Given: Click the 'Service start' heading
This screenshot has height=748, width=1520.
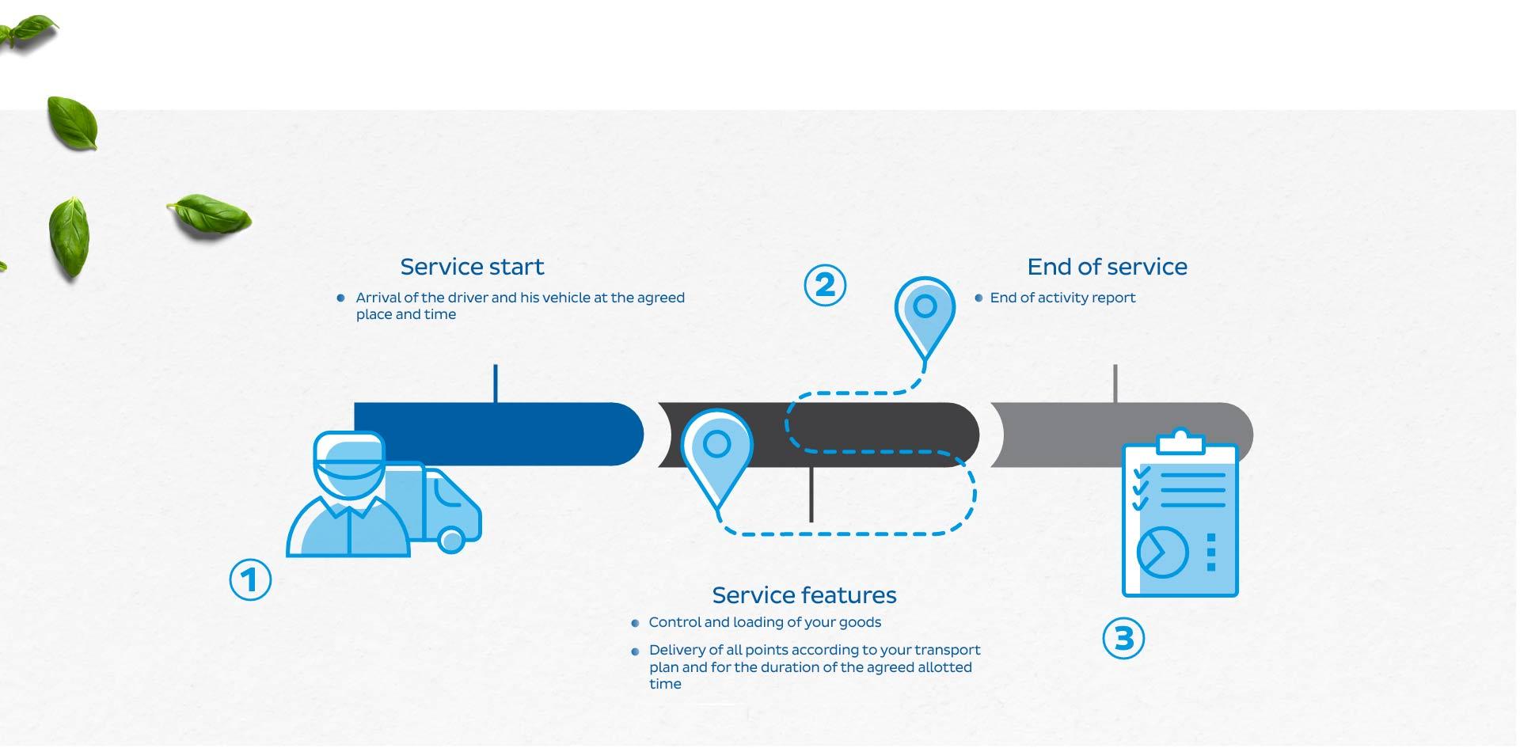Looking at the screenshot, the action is [472, 267].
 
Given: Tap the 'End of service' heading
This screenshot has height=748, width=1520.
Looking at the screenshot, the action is [1107, 267].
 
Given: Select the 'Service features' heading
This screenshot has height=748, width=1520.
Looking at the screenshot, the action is [804, 595].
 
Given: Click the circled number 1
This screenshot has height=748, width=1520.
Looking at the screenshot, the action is [250, 579].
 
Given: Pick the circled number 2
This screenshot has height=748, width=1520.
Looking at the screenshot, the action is [825, 285].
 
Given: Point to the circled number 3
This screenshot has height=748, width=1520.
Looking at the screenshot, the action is [1124, 638].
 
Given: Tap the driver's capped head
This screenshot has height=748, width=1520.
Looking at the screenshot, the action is [349, 465].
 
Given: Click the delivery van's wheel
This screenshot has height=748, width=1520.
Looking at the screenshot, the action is [451, 541].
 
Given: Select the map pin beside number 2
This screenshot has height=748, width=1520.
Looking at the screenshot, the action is [925, 317].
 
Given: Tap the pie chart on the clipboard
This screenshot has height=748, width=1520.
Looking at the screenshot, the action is [1162, 552].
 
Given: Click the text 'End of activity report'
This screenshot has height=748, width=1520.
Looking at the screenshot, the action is [1062, 298].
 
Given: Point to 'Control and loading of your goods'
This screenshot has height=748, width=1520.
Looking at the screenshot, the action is [765, 622].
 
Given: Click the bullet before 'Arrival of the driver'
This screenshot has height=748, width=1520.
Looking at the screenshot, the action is [340, 298].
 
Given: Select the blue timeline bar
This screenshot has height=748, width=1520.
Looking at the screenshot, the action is [499, 434].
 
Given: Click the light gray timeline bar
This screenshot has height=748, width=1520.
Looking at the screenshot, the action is [1121, 435].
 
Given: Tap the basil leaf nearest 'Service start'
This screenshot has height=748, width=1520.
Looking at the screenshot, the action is [209, 214].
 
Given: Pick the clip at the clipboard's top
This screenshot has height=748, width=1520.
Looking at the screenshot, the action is [1180, 442].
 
